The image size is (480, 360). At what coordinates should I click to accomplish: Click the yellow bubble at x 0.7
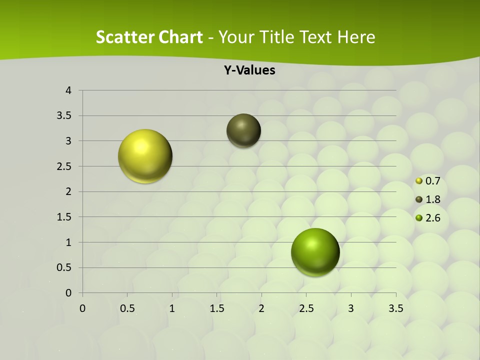145,156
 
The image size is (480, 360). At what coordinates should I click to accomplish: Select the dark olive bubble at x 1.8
243,130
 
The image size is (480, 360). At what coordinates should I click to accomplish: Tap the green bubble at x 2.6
315,252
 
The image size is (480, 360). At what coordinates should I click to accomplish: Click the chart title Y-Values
249,70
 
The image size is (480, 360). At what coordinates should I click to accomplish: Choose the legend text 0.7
433,181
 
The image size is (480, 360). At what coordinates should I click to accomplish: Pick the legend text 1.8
433,199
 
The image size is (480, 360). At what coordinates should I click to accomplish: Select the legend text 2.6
433,218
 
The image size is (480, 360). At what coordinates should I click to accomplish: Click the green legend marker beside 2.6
419,218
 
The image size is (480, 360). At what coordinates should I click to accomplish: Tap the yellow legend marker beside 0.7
419,181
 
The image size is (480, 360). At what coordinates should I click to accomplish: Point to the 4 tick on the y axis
69,90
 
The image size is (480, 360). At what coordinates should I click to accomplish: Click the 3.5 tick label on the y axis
64,116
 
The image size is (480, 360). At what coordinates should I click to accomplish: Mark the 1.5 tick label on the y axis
64,217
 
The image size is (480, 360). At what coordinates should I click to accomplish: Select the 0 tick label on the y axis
69,293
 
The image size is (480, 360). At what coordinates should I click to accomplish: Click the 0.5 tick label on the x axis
127,308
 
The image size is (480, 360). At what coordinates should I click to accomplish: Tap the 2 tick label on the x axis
261,308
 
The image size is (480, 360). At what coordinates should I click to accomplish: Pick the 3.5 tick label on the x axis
396,308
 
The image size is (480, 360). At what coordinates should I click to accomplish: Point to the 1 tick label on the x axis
172,308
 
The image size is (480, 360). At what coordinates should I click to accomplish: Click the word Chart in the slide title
181,37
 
